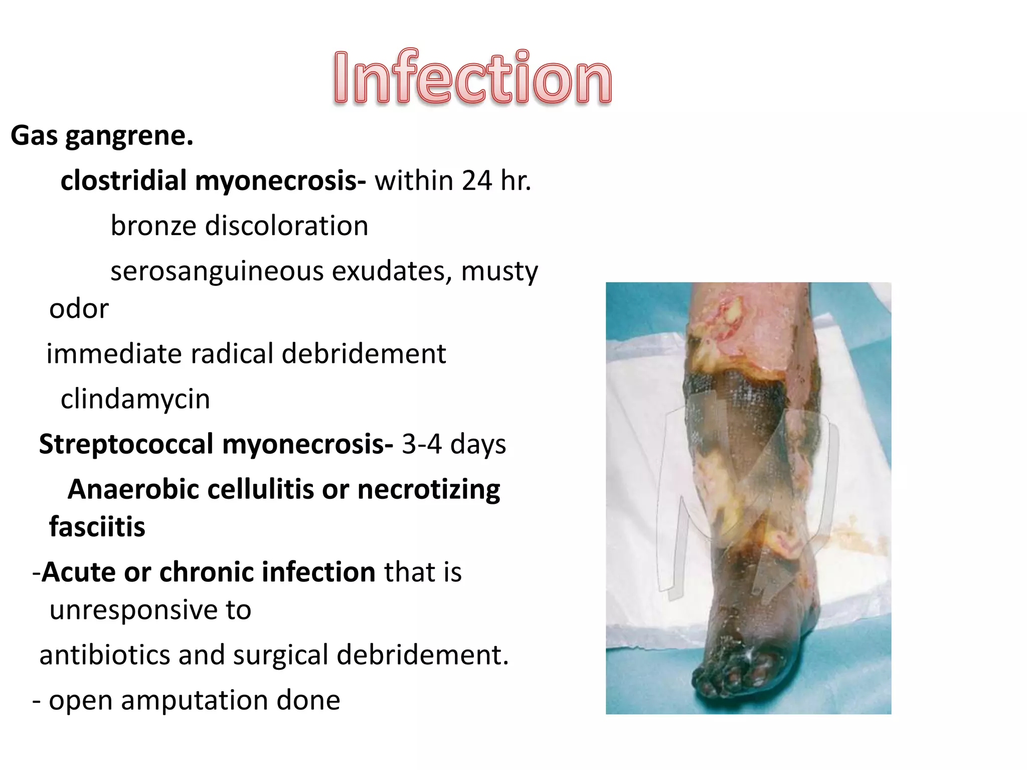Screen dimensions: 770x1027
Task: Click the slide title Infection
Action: point(472,78)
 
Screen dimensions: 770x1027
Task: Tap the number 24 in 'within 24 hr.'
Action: point(477,180)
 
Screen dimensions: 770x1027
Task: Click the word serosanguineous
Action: point(217,271)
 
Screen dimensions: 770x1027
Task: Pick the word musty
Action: point(499,271)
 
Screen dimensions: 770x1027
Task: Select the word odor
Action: point(79,308)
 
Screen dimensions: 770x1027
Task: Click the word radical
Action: point(231,354)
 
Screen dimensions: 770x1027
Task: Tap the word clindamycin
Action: point(135,399)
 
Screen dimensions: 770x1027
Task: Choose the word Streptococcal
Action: point(126,444)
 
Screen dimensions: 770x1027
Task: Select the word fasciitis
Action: point(97,527)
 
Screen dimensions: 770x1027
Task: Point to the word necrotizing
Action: point(429,489)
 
